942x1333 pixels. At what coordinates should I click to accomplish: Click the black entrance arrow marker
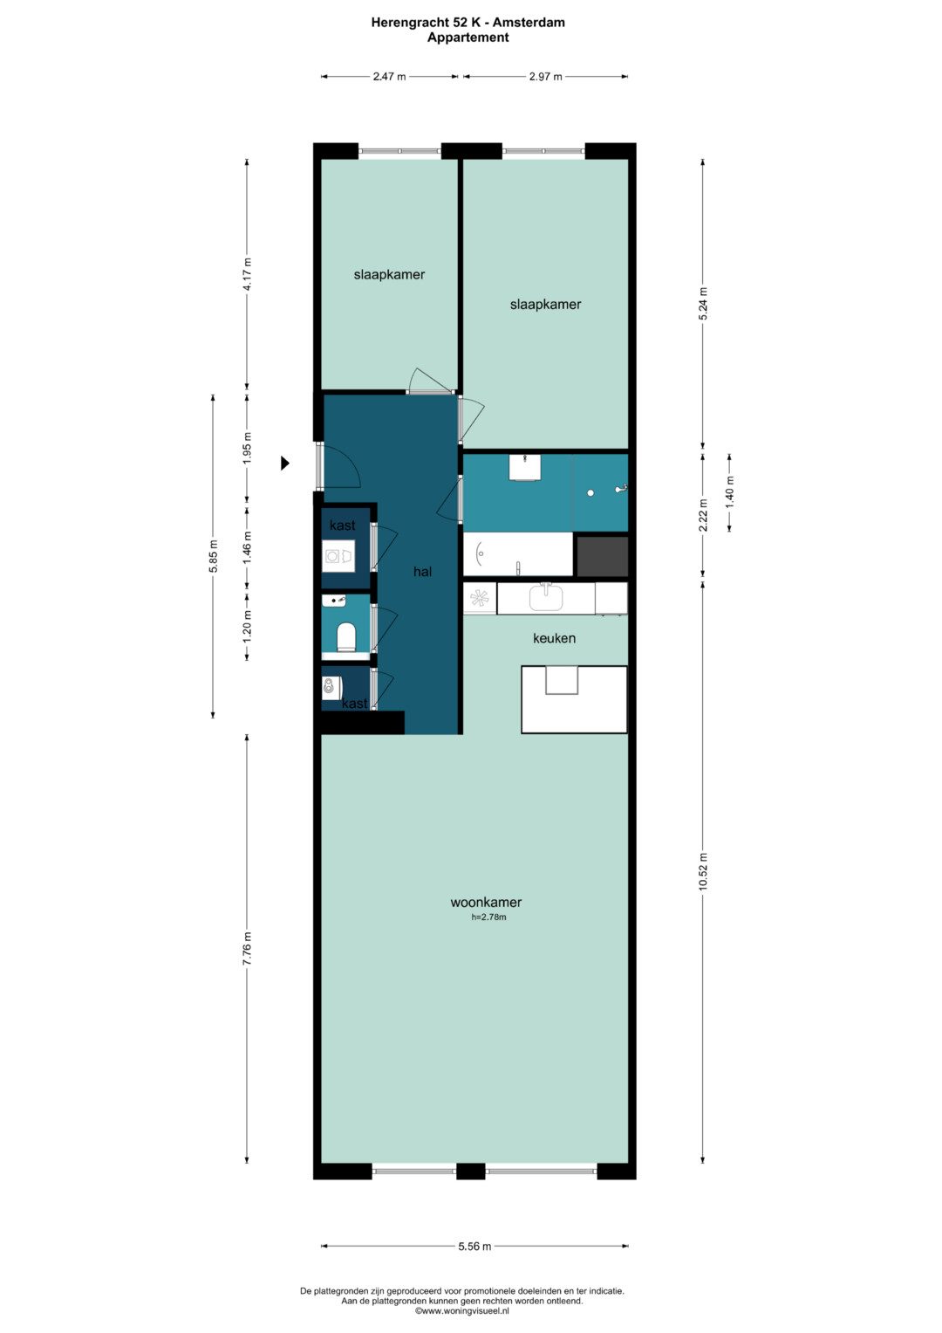[x=285, y=463]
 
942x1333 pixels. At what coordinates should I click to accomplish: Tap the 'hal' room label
[x=422, y=572]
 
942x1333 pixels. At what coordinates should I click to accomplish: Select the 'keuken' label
[x=554, y=638]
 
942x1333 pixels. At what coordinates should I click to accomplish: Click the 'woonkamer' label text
[x=486, y=902]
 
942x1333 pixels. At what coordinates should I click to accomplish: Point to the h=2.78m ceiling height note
[x=488, y=917]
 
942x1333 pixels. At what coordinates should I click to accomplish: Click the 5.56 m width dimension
[x=474, y=1246]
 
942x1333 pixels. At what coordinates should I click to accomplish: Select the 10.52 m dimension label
[x=703, y=871]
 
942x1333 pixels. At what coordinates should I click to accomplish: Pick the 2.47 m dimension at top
[x=390, y=76]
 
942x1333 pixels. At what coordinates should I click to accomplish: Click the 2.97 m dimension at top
[x=545, y=76]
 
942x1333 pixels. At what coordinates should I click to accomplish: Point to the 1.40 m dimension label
[x=730, y=491]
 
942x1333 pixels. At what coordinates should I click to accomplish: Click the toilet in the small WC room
[x=345, y=636]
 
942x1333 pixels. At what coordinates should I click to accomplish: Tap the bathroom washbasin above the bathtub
[x=524, y=467]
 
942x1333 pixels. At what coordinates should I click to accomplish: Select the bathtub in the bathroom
[x=518, y=554]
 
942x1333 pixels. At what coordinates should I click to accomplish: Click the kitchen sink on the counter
[x=546, y=597]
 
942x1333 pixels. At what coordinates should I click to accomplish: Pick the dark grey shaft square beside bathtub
[x=603, y=556]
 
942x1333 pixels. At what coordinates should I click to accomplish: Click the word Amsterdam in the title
[x=529, y=23]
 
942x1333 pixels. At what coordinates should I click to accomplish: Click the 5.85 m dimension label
[x=213, y=556]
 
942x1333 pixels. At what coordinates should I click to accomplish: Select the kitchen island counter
[x=574, y=699]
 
